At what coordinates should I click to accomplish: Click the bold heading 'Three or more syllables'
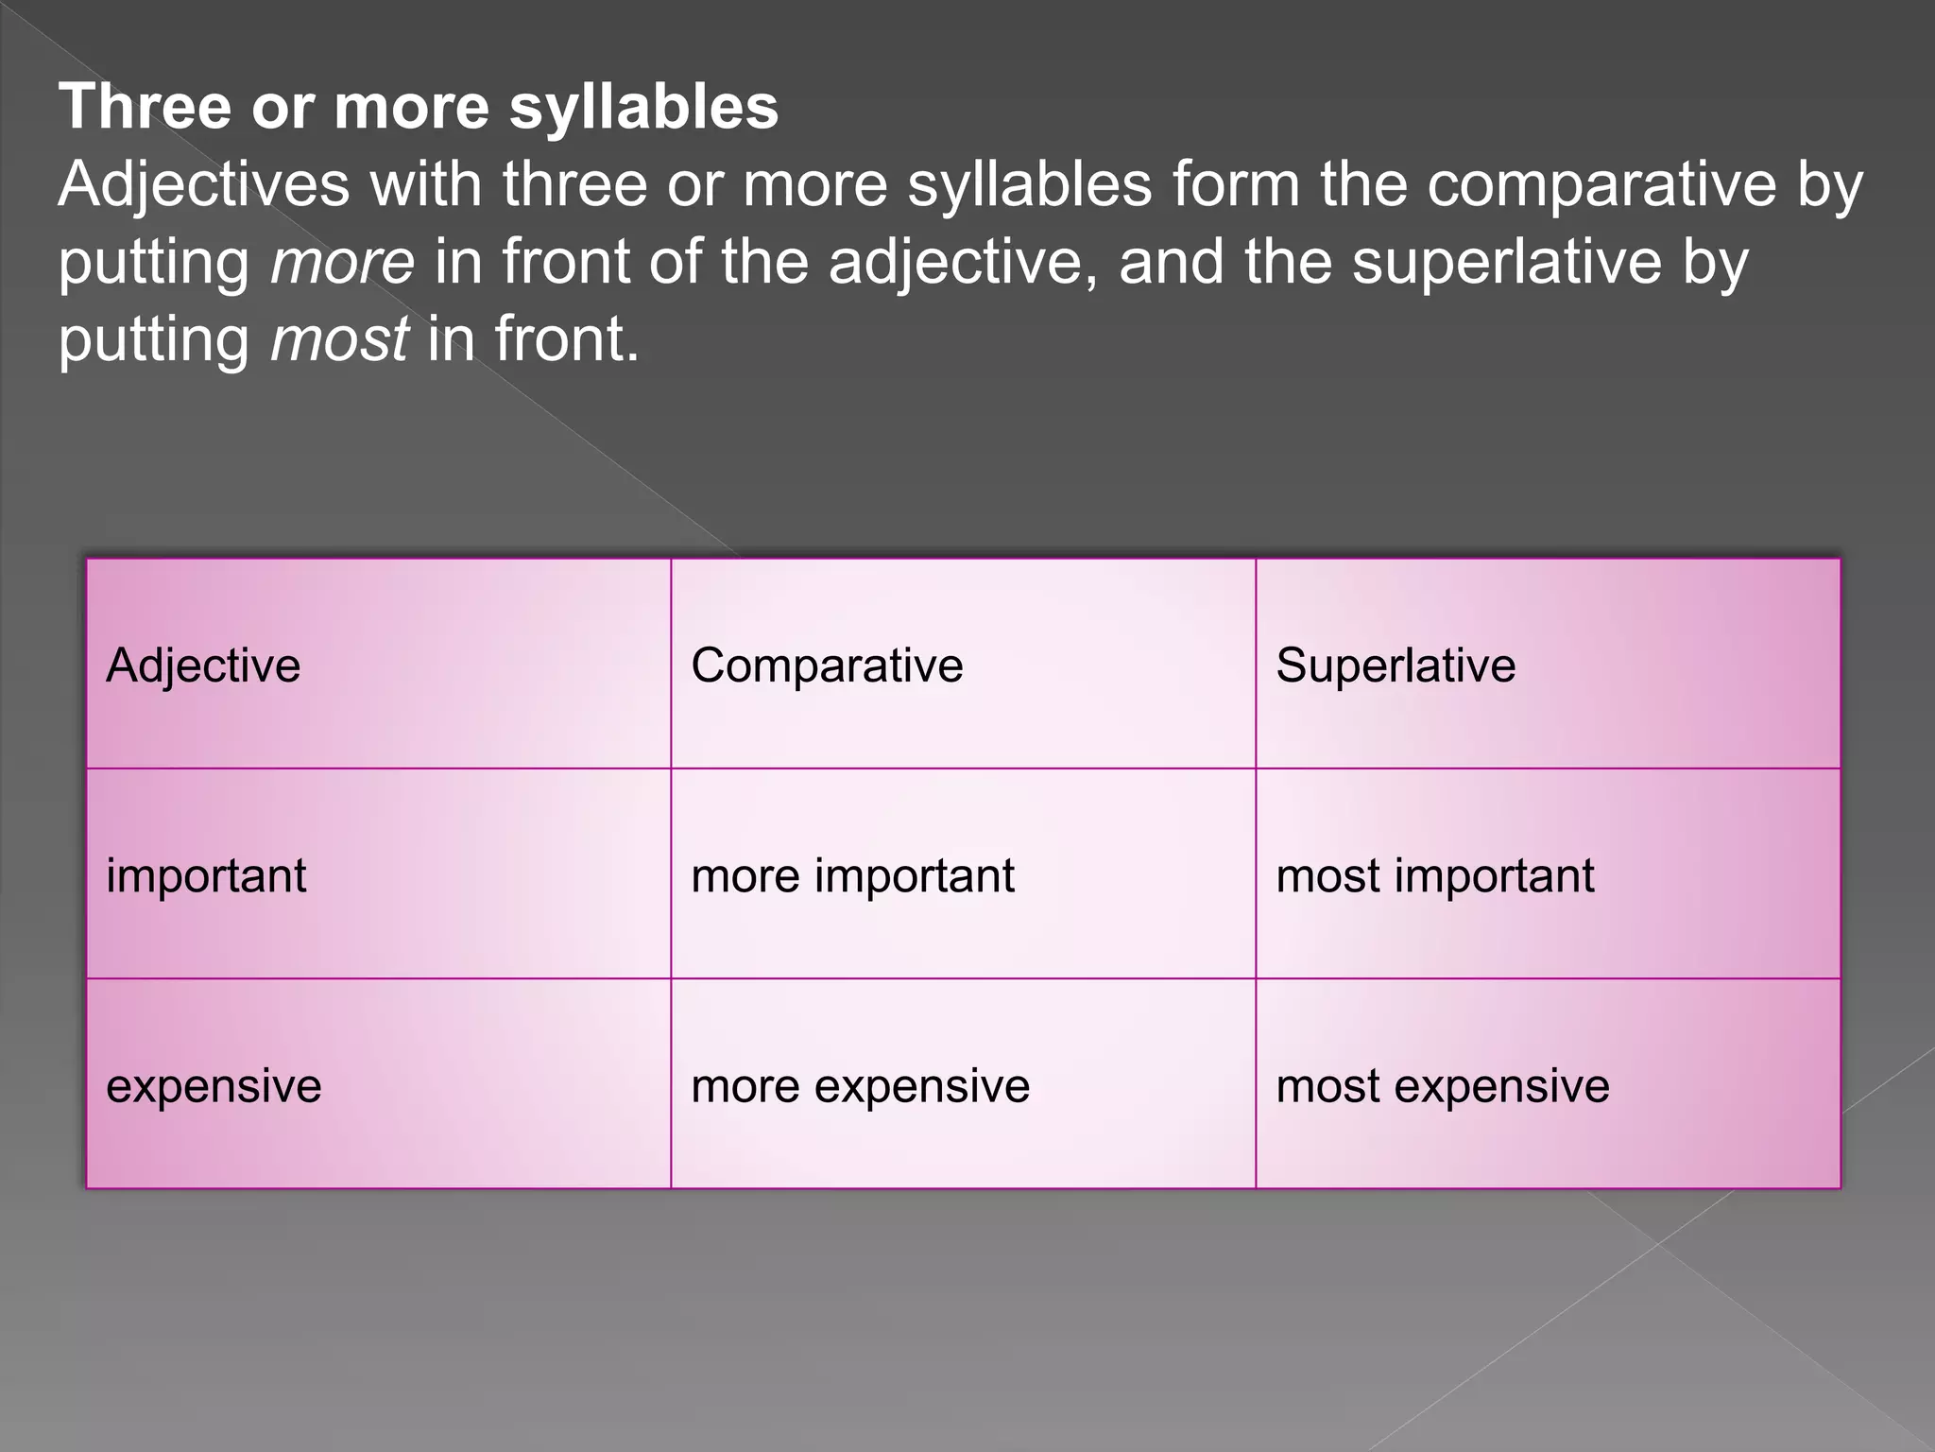click(x=419, y=106)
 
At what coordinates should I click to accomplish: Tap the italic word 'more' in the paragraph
click(x=342, y=262)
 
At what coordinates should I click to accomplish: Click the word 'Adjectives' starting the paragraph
click(x=203, y=185)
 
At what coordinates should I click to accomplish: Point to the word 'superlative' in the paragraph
click(x=1506, y=262)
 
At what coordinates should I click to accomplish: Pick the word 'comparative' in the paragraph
click(x=1601, y=185)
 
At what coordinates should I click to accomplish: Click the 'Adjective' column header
click(x=203, y=665)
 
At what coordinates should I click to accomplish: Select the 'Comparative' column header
click(x=827, y=665)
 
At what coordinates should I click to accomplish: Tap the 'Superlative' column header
click(x=1396, y=665)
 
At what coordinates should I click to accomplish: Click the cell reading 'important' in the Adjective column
click(x=206, y=875)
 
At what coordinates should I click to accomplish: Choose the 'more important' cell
click(x=852, y=875)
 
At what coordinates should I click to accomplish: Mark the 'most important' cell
click(x=1434, y=875)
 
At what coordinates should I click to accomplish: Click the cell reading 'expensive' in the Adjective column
click(x=214, y=1086)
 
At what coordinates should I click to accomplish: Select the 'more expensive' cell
click(x=860, y=1086)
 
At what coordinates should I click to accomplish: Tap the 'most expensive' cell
click(x=1442, y=1086)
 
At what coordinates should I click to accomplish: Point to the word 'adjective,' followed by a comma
click(x=964, y=262)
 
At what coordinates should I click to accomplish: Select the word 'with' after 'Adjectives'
click(x=425, y=185)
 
